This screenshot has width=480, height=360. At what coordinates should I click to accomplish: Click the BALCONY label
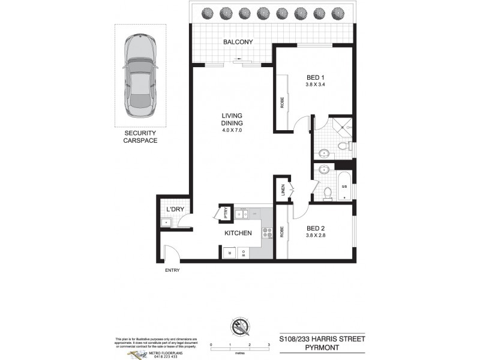coord(238,42)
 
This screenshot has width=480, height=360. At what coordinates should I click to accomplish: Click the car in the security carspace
coord(139,76)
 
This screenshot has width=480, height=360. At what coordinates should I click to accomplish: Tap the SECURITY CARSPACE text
coord(140,136)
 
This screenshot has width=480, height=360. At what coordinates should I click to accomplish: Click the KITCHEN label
coord(238,233)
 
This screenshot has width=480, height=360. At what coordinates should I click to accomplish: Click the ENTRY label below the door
coord(172,271)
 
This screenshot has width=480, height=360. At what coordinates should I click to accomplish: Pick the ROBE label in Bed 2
coord(281,232)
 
